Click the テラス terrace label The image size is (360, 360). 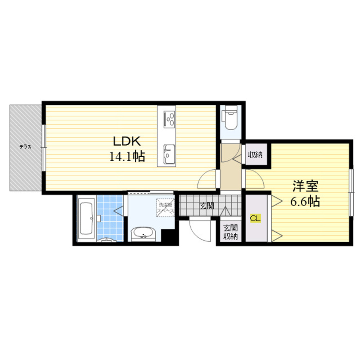point(25,147)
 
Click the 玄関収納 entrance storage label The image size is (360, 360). point(230,232)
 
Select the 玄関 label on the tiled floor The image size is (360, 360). point(207,206)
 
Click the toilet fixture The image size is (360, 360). point(230,119)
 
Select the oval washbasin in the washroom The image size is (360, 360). point(143,234)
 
